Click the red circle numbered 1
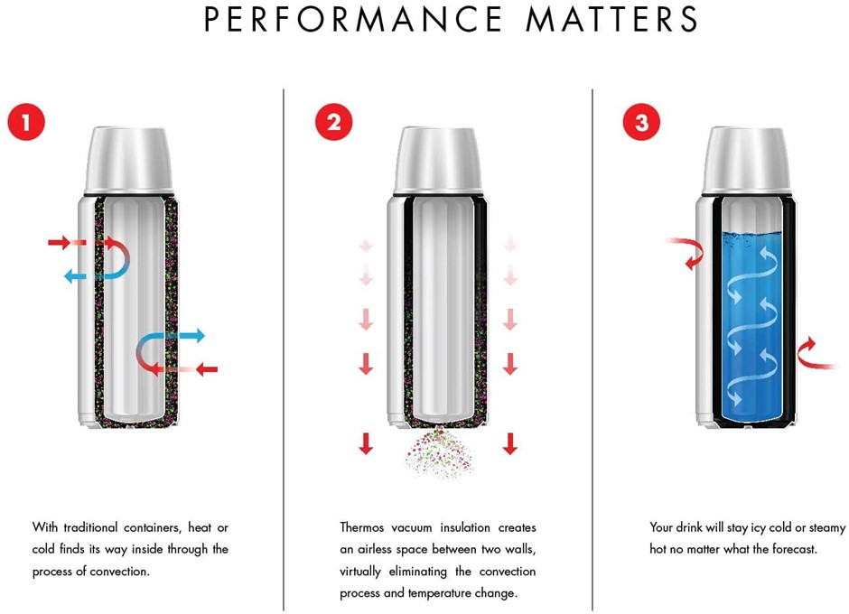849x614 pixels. pyautogui.click(x=26, y=122)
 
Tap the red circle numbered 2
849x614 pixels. pyautogui.click(x=334, y=122)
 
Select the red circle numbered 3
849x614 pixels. pyautogui.click(x=641, y=122)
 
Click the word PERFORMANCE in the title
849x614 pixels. pyautogui.click(x=353, y=19)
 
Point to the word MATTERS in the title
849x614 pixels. pyautogui.click(x=611, y=19)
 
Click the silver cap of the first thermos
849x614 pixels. pyautogui.click(x=129, y=160)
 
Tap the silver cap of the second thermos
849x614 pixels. pyautogui.click(x=437, y=160)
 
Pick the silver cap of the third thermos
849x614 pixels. pyautogui.click(x=746, y=160)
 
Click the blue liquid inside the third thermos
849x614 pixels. pyautogui.click(x=752, y=326)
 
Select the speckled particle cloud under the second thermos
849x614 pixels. pyautogui.click(x=439, y=452)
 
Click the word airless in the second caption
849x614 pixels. pyautogui.click(x=375, y=549)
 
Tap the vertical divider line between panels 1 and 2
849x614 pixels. pyautogui.click(x=284, y=349)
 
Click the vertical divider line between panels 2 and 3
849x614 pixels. pyautogui.click(x=592, y=349)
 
